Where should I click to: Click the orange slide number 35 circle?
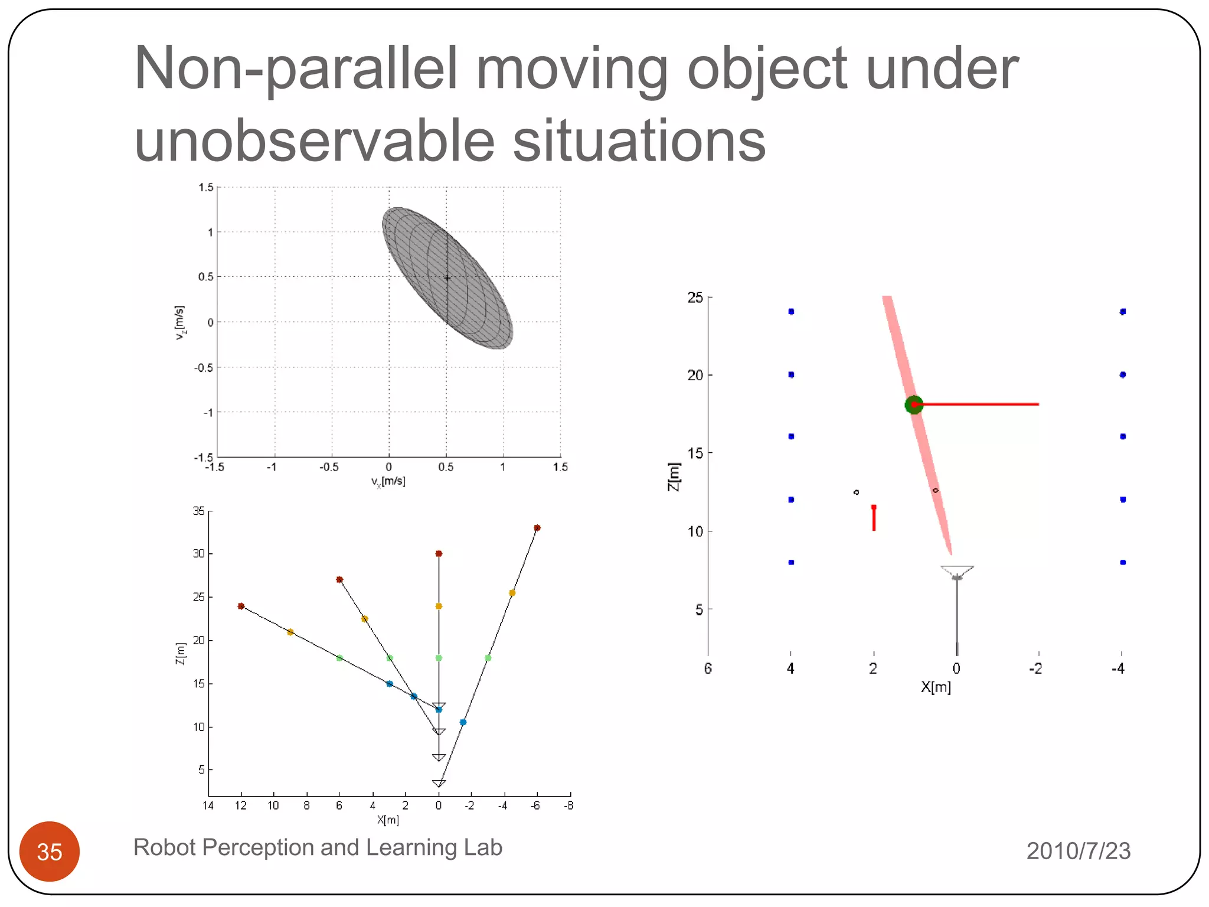click(50, 851)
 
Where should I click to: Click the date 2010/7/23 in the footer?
click(1078, 851)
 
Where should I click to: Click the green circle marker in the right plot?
click(913, 404)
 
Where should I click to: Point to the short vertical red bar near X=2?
click(874, 518)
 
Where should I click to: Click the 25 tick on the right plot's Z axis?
click(695, 298)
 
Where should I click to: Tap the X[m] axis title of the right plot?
click(936, 687)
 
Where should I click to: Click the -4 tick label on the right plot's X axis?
click(1118, 668)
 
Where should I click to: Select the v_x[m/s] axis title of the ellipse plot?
click(388, 481)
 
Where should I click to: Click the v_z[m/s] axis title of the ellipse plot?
click(179, 322)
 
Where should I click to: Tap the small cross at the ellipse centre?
click(447, 278)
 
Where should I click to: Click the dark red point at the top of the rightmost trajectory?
click(537, 528)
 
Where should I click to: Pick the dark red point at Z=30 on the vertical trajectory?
click(439, 553)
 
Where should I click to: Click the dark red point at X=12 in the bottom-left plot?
click(241, 606)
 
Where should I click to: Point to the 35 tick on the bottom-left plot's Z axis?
click(199, 511)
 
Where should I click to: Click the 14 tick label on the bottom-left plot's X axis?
click(208, 805)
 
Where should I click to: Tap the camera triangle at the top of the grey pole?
click(956, 570)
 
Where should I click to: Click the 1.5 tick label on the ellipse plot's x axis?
click(560, 467)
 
